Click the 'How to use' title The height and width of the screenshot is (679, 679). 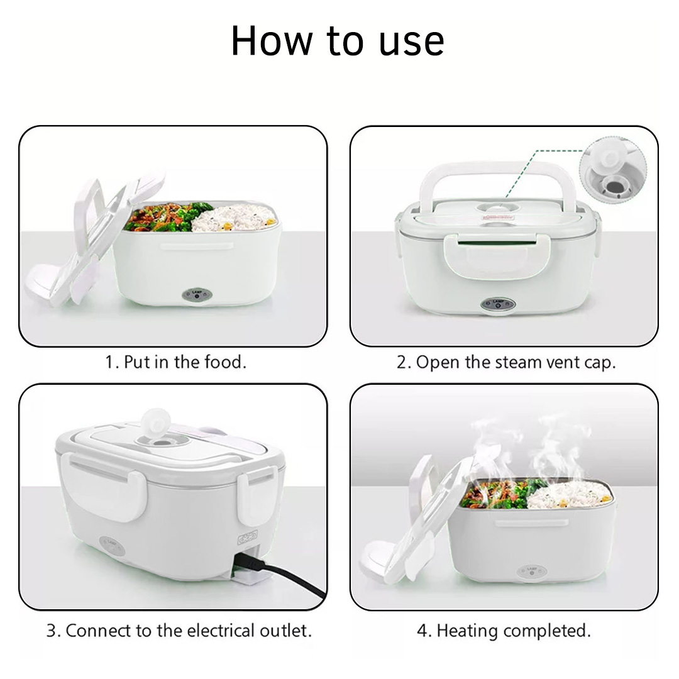tap(338, 41)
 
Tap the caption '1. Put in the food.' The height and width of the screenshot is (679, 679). tap(176, 362)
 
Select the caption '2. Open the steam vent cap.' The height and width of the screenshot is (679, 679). tap(505, 363)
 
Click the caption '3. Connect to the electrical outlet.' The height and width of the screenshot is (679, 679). tap(179, 631)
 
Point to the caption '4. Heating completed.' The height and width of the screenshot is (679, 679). tap(504, 631)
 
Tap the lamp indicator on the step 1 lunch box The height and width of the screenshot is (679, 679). tap(197, 295)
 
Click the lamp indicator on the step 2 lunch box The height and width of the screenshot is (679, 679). tap(498, 304)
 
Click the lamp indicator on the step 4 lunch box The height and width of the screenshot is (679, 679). tap(532, 571)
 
